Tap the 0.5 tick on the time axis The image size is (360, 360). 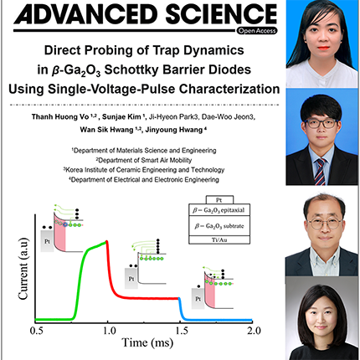36,332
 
